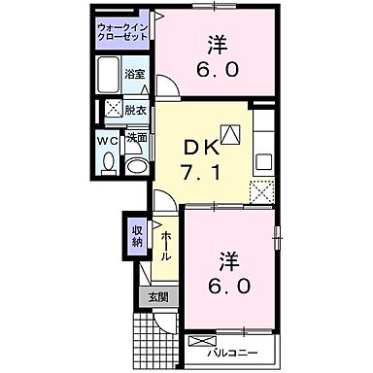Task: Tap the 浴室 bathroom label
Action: pyautogui.click(x=136, y=74)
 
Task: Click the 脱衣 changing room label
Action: pyautogui.click(x=136, y=110)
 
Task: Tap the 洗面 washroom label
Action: pyautogui.click(x=137, y=138)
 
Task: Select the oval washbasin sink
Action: pyautogui.click(x=137, y=166)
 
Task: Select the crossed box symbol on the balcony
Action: pyautogui.click(x=201, y=342)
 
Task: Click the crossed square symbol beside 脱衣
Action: pyautogui.click(x=113, y=110)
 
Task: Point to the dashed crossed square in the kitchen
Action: pyautogui.click(x=261, y=189)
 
